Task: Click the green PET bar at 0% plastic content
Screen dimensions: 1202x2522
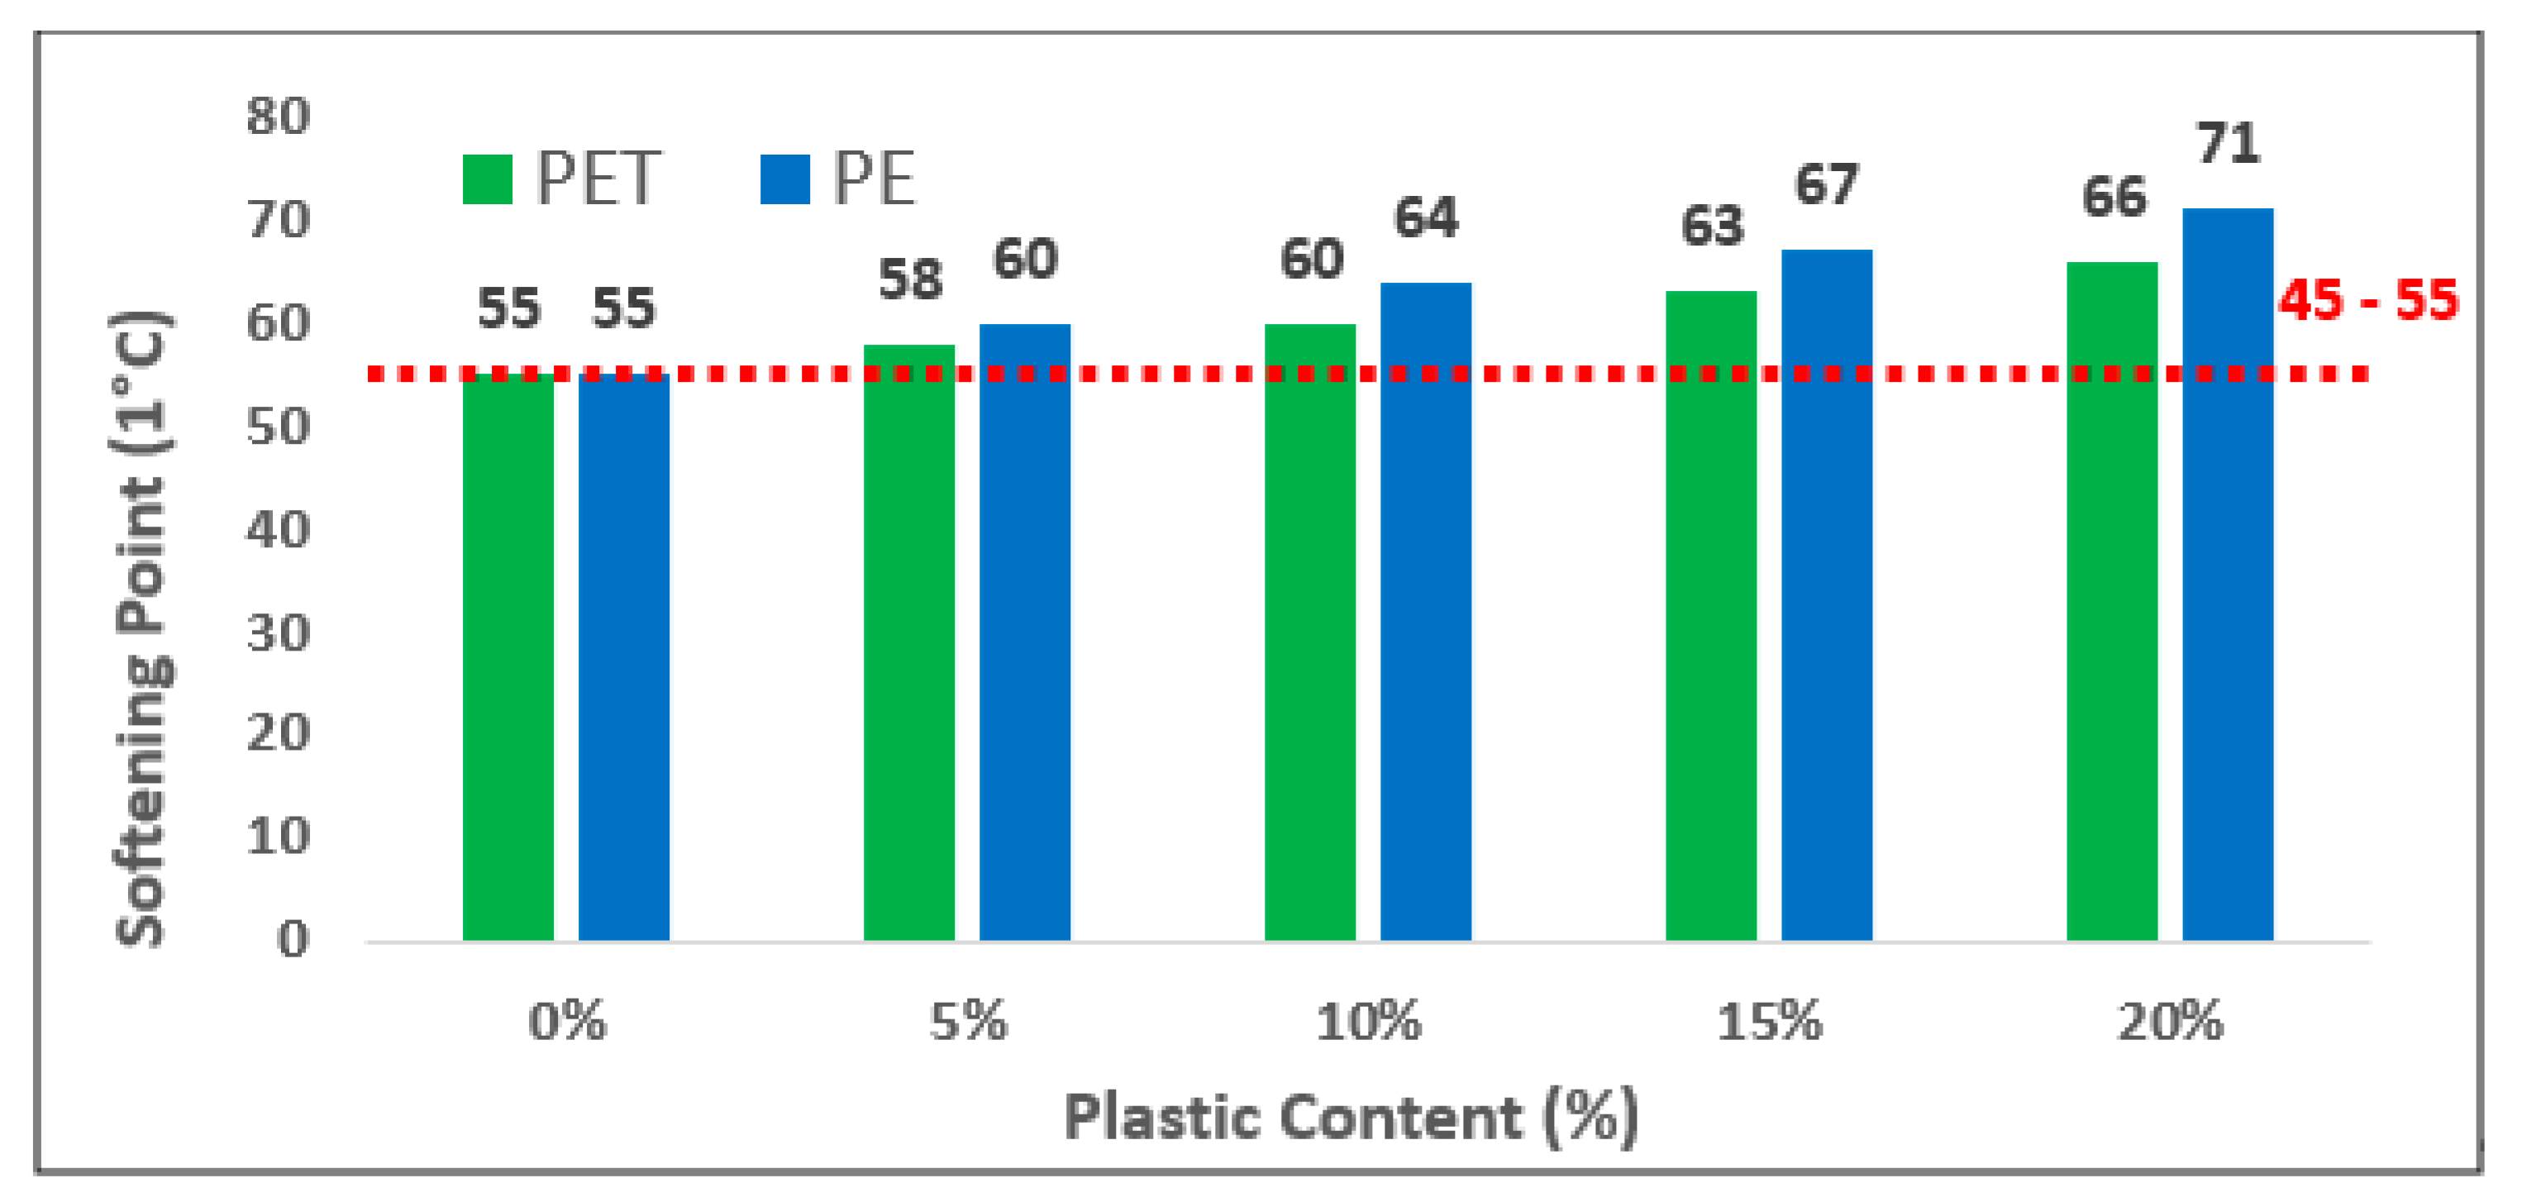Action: coord(508,656)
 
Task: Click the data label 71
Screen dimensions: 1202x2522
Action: coord(2229,144)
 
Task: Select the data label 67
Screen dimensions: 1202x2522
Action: coord(1826,185)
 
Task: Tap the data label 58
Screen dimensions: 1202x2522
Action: coord(909,280)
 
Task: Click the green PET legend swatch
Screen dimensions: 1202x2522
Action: coord(487,179)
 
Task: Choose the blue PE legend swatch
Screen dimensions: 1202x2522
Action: coord(784,179)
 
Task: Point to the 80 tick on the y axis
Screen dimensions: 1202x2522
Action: coord(278,117)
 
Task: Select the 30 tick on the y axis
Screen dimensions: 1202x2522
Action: coord(278,634)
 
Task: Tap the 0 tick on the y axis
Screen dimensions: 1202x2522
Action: coord(293,940)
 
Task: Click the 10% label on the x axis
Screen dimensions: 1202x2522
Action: coord(1368,1023)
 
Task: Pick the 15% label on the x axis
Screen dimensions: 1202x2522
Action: coord(1769,1023)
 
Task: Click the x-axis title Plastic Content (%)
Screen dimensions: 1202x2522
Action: coord(1351,1117)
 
